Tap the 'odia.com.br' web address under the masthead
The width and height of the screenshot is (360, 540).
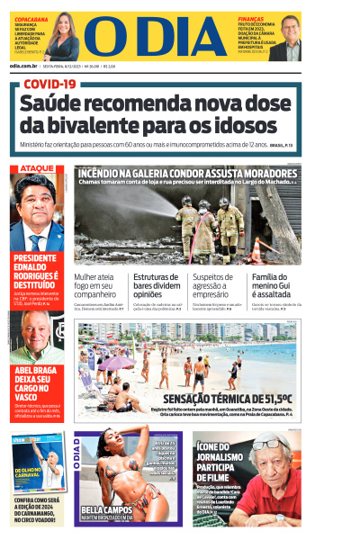point(23,66)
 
